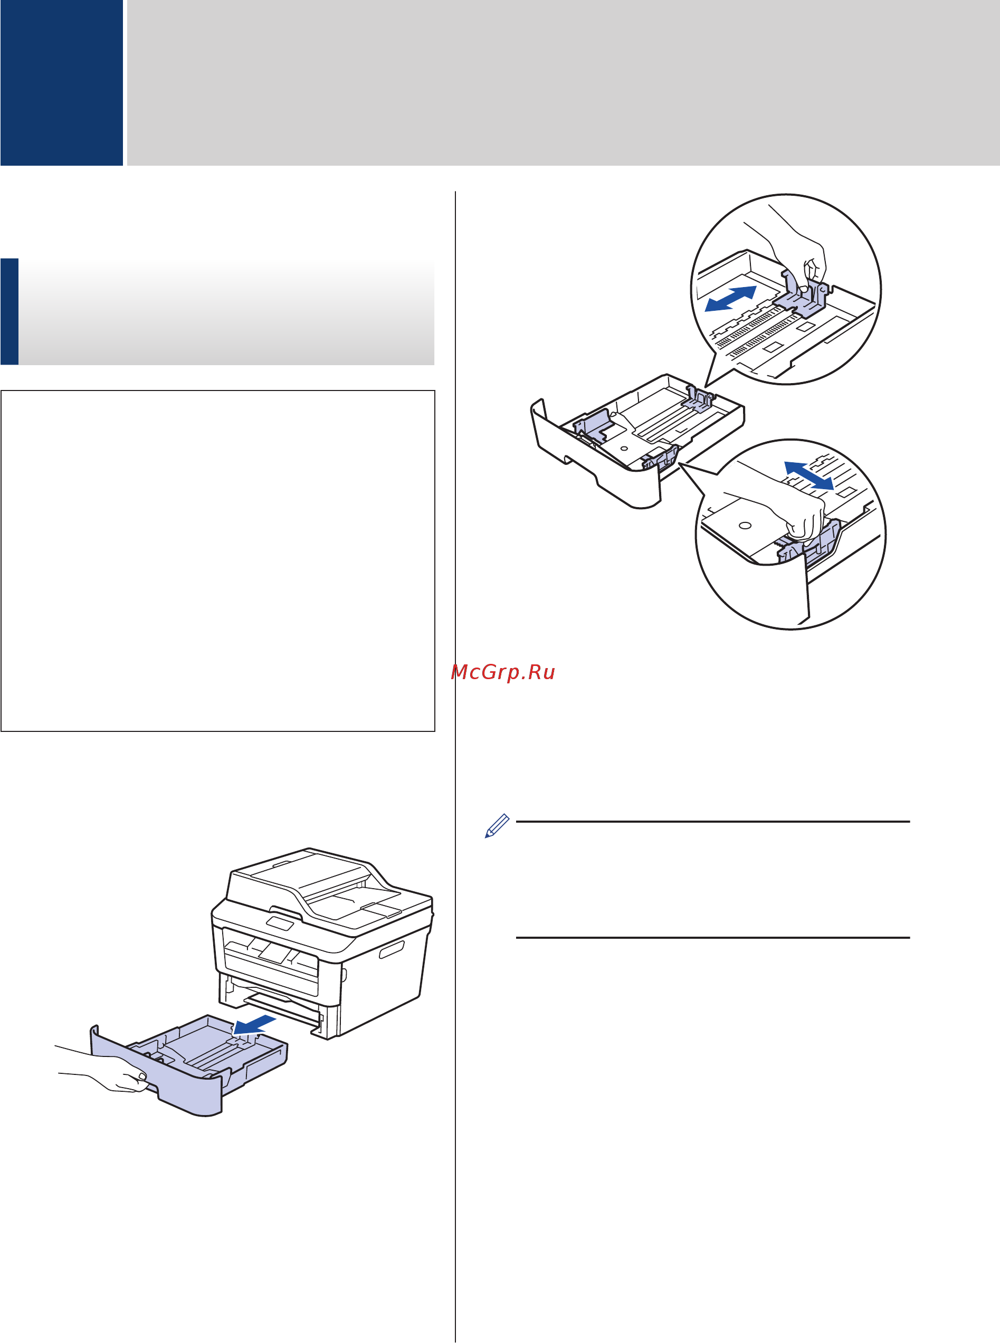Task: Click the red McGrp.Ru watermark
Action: [502, 672]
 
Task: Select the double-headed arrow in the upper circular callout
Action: [731, 298]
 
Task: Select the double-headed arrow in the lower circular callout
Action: [809, 475]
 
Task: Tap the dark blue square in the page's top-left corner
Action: [61, 82]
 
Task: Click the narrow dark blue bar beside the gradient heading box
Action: [9, 311]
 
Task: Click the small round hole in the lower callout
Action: [745, 525]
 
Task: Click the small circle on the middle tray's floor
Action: [624, 450]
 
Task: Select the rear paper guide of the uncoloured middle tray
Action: [700, 399]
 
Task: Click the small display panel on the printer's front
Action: [280, 923]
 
